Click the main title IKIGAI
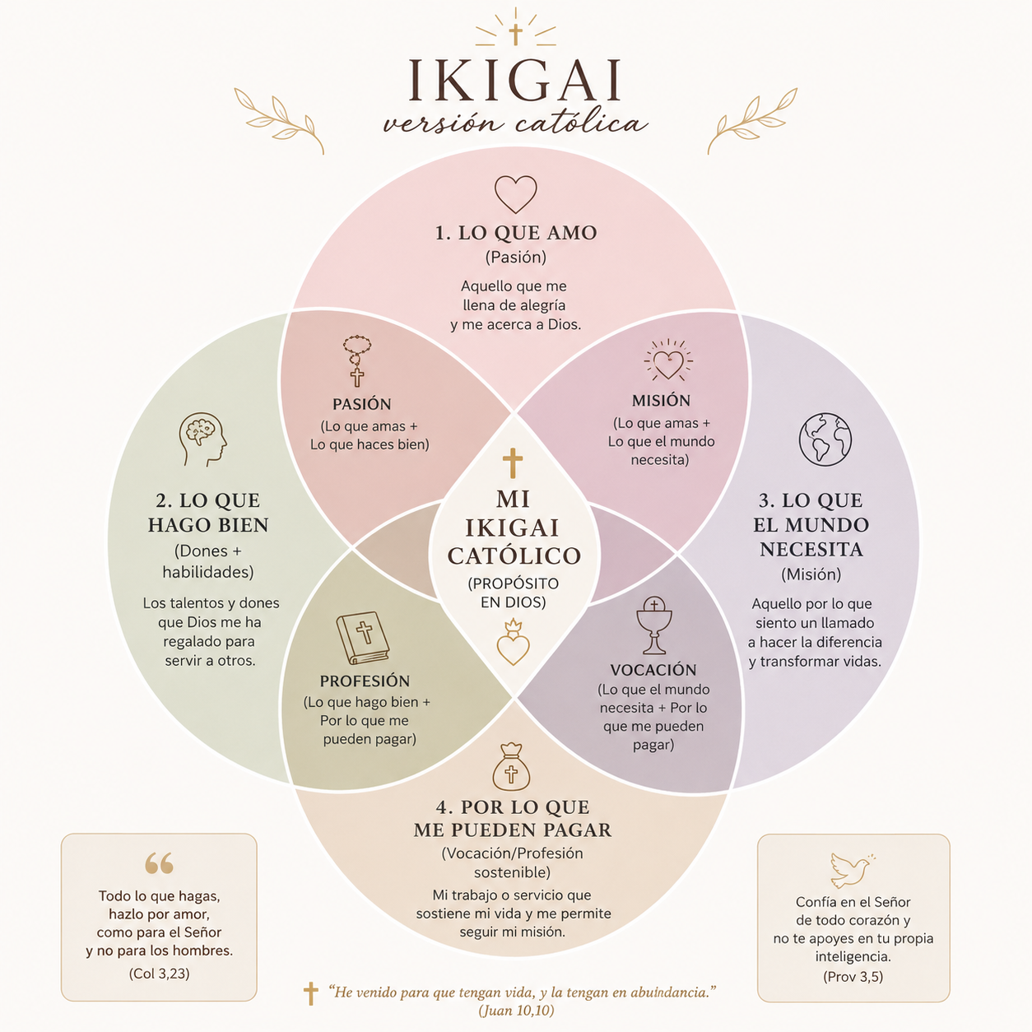pos(514,81)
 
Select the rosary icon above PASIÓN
pos(357,360)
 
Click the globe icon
pos(825,439)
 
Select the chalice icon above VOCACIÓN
pos(654,625)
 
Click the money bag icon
pos(511,767)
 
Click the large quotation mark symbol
pos(159,862)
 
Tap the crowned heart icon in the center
pos(513,642)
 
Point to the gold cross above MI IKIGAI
pos(513,463)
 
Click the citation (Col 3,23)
pos(159,973)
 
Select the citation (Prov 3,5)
pos(853,976)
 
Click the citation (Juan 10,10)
pos(516,1010)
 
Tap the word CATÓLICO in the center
pos(514,556)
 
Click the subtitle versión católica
pos(515,123)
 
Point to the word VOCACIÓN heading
pos(653,669)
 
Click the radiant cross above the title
pos(515,33)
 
